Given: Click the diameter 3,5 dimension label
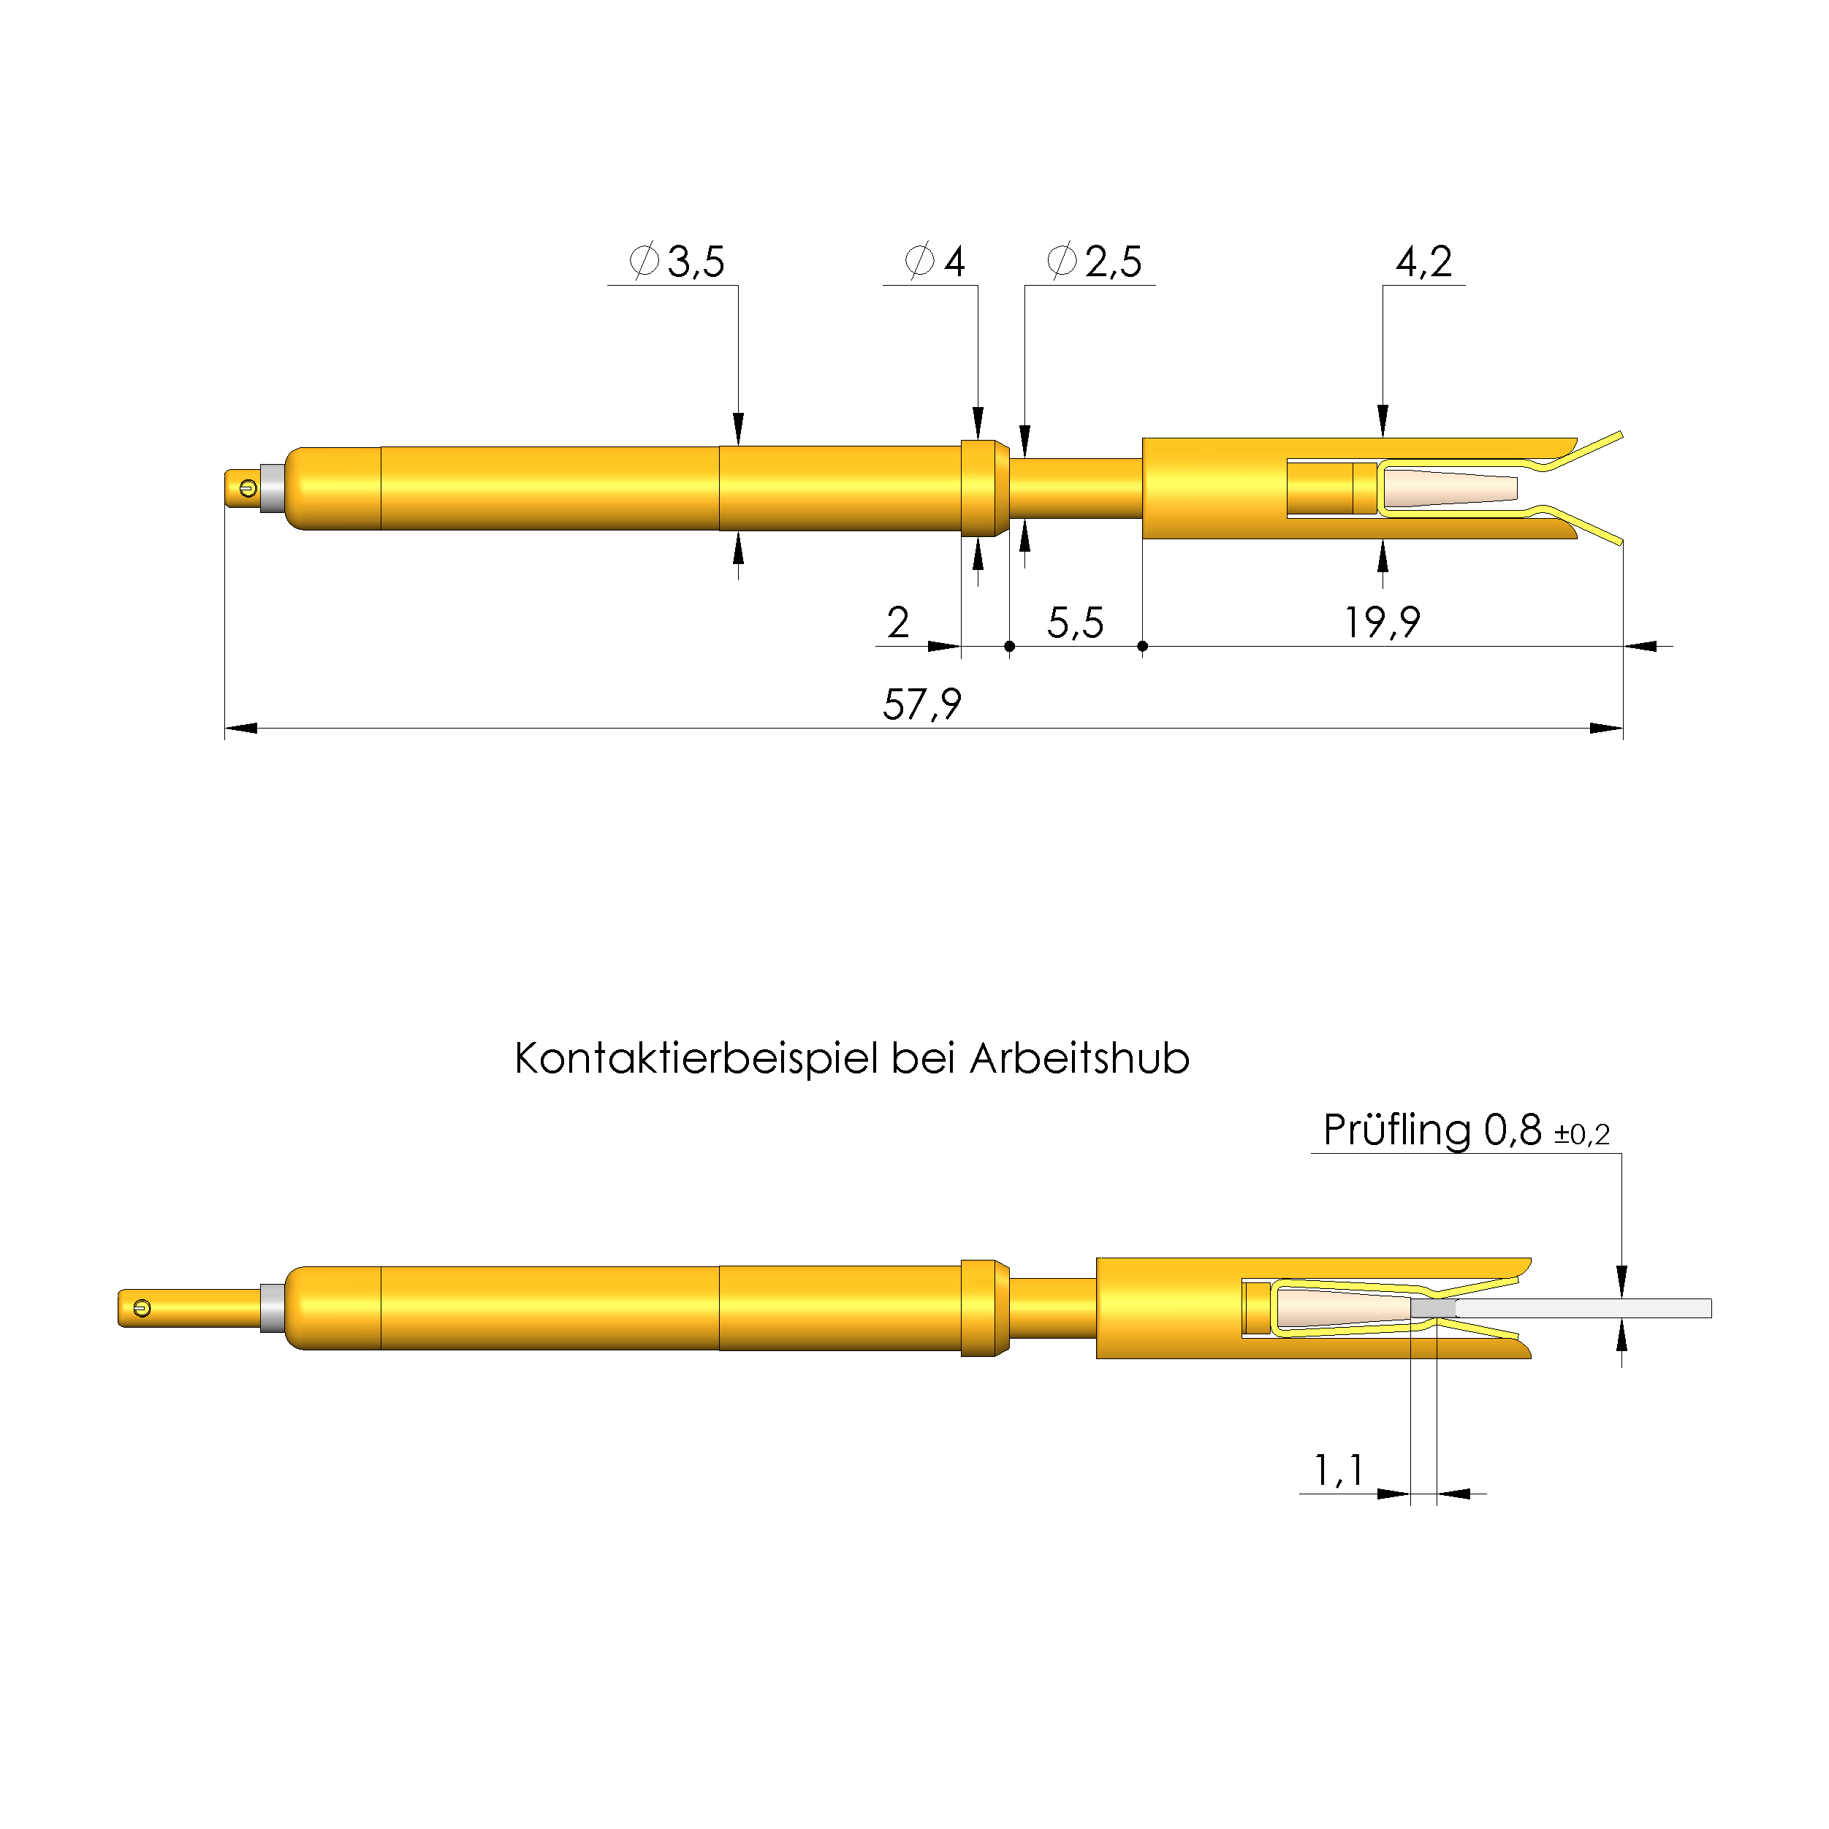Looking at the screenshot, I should [x=678, y=262].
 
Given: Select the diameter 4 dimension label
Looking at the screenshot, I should [x=935, y=262].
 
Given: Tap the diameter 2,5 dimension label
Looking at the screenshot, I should [x=1095, y=262].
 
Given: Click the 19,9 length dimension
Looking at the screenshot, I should [x=1383, y=623].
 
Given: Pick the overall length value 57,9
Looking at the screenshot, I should [x=921, y=704].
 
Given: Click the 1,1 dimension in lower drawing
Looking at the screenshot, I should [x=1338, y=1470].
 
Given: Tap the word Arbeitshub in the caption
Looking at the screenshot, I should [x=1079, y=1058].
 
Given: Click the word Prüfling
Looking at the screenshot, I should [x=1396, y=1130].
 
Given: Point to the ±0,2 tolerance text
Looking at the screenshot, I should [x=1581, y=1134].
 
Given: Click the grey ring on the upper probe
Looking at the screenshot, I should [x=273, y=489].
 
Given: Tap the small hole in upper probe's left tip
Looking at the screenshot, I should [x=248, y=489].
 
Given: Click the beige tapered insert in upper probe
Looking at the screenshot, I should [x=1448, y=489].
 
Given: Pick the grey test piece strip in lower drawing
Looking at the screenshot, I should [x=1581, y=1308].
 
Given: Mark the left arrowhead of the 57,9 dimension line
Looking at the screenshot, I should [x=241, y=728].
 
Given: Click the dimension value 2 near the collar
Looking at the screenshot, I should [x=897, y=623].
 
